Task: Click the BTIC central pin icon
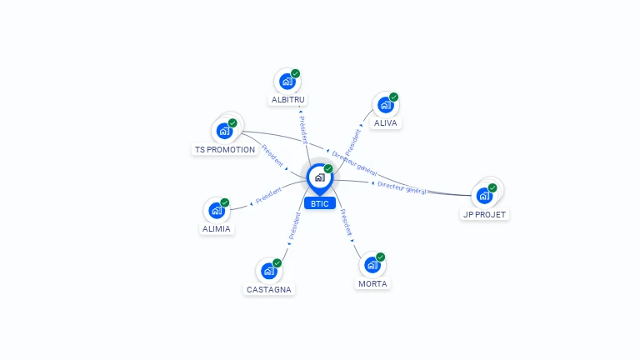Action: click(319, 177)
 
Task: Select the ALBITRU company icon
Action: click(287, 82)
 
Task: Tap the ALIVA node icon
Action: click(385, 105)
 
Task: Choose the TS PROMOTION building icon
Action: click(224, 131)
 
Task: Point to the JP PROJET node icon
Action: click(484, 197)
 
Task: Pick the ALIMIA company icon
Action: click(217, 211)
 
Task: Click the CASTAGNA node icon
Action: click(269, 271)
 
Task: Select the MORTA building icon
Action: click(372, 265)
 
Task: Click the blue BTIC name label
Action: click(319, 203)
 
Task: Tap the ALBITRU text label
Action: click(288, 100)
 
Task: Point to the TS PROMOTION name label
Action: click(225, 150)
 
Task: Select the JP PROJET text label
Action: click(485, 214)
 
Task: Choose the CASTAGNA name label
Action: click(270, 290)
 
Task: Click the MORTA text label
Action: click(372, 284)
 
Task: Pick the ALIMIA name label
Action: click(217, 228)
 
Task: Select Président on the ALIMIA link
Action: click(267, 196)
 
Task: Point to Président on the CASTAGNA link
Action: click(293, 227)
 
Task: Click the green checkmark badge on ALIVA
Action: click(394, 97)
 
